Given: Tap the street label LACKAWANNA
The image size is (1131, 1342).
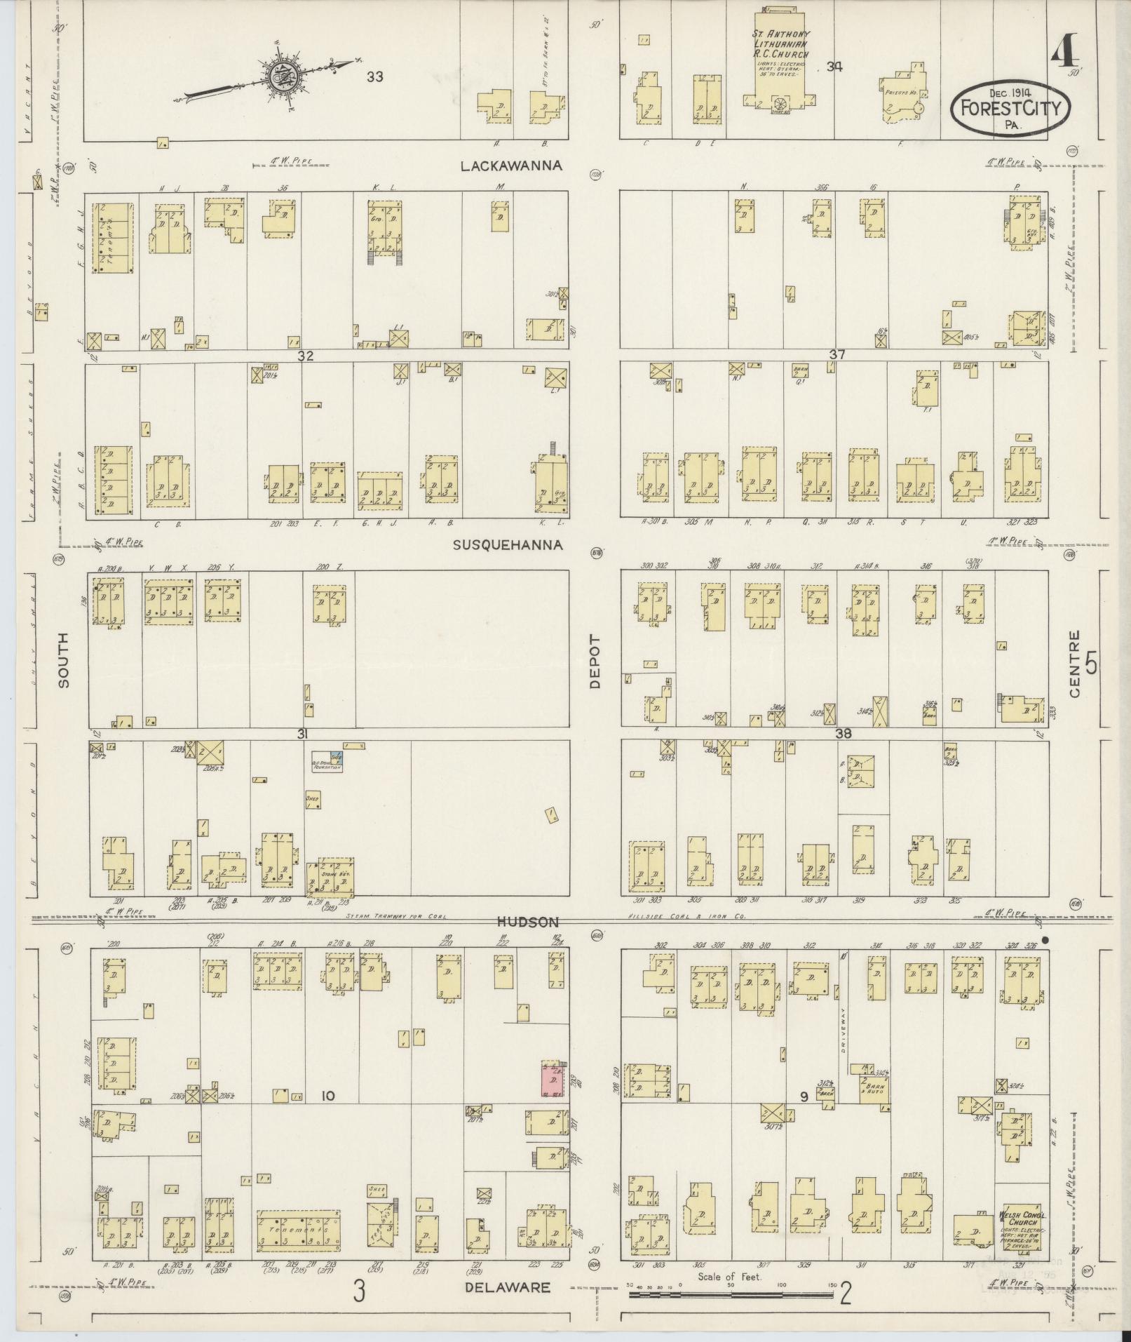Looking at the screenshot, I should coord(512,166).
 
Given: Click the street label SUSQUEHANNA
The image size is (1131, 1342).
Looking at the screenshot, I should coord(508,545).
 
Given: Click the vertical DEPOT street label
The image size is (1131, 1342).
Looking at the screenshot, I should coord(595,662).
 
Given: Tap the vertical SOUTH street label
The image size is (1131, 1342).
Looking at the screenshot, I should coord(64,659).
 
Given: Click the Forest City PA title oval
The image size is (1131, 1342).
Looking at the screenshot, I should coord(1010,107).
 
